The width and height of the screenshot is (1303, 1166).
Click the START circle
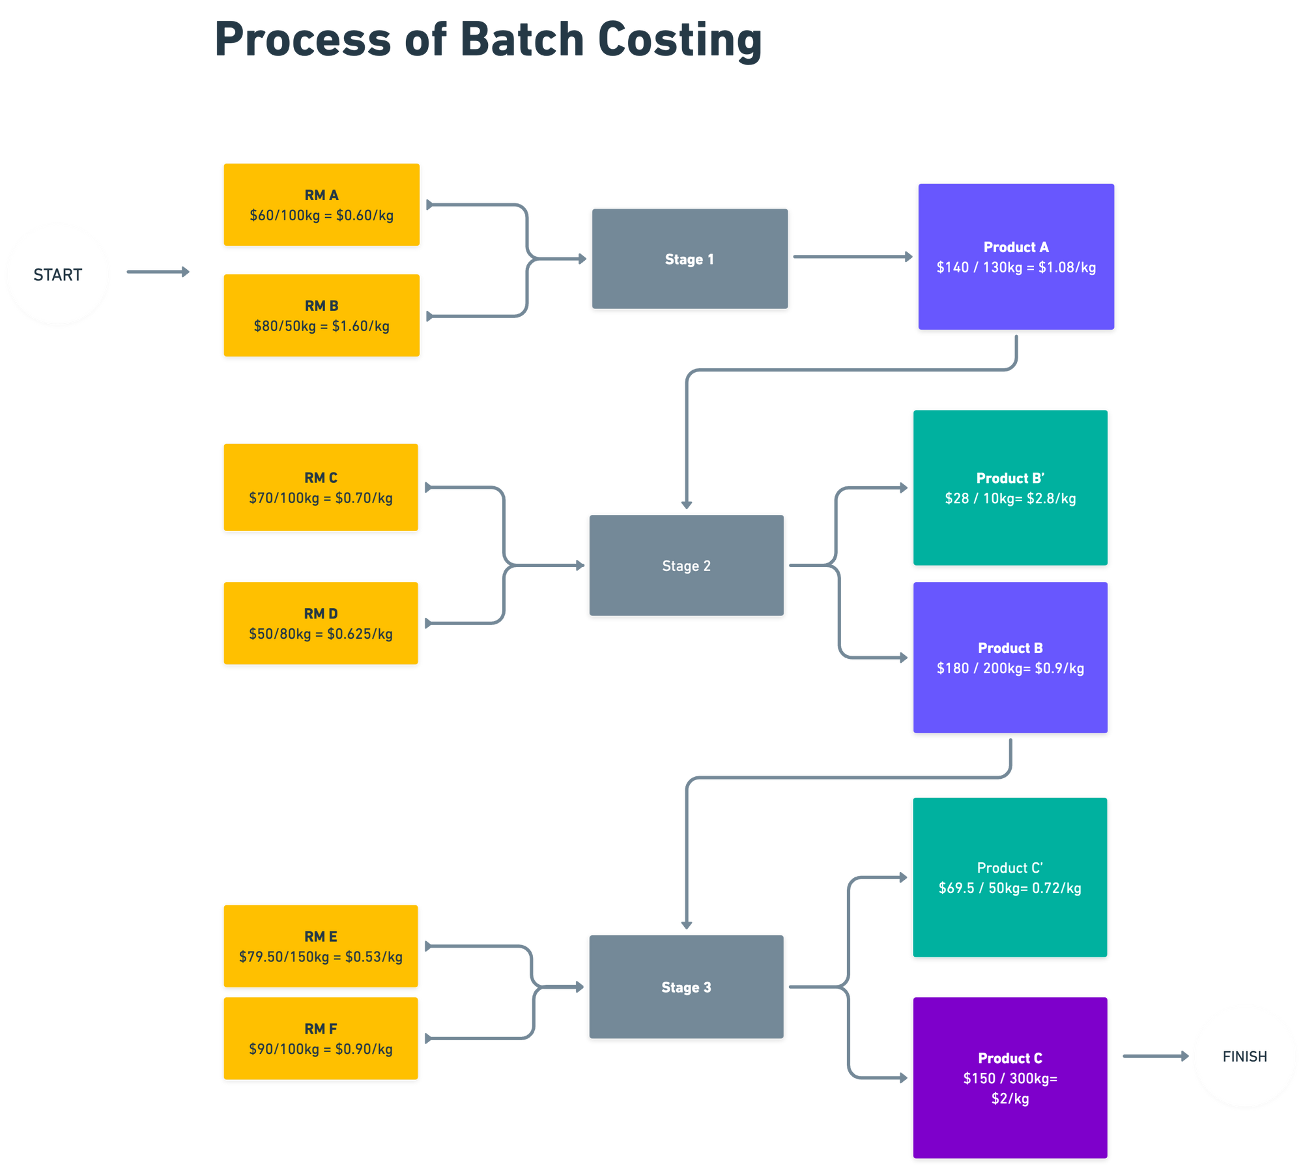tap(58, 274)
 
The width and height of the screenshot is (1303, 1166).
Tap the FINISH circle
tap(1244, 1056)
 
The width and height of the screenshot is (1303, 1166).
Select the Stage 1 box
tap(690, 259)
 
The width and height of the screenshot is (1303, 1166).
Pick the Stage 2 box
tap(687, 565)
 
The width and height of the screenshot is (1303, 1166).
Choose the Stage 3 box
tap(686, 987)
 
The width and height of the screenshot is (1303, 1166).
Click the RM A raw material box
tap(321, 205)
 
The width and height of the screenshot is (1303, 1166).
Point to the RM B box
tap(321, 315)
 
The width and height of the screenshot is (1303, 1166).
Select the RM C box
tap(321, 487)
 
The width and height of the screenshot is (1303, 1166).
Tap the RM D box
tap(321, 623)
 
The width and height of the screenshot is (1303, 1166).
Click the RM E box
tap(321, 946)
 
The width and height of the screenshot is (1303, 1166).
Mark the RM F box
tap(321, 1038)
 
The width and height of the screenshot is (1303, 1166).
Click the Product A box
tap(1016, 256)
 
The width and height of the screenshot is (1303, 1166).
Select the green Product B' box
tap(1010, 488)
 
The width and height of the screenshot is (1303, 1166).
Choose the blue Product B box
tap(1010, 658)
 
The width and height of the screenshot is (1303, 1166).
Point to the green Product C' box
tap(1010, 877)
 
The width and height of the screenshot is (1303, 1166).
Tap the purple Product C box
tap(1010, 1077)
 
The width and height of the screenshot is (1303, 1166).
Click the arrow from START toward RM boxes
tap(158, 272)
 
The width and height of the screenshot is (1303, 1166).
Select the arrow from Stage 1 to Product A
tap(852, 257)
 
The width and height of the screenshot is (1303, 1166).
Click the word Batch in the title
tap(522, 40)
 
